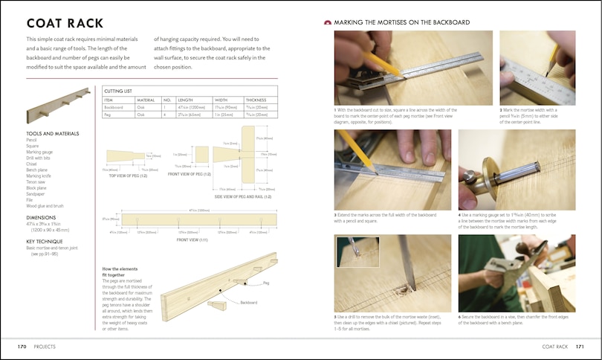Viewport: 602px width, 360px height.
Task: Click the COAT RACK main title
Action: point(65,24)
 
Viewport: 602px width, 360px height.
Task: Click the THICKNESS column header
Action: point(256,99)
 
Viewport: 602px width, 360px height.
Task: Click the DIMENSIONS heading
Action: point(46,217)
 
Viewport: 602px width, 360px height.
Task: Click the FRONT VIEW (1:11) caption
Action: point(191,240)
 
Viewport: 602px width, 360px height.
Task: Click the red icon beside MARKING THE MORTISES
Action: point(328,23)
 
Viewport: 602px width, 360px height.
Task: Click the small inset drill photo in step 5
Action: point(356,252)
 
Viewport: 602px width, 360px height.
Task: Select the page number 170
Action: point(22,347)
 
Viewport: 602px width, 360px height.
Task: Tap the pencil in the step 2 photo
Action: point(551,60)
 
